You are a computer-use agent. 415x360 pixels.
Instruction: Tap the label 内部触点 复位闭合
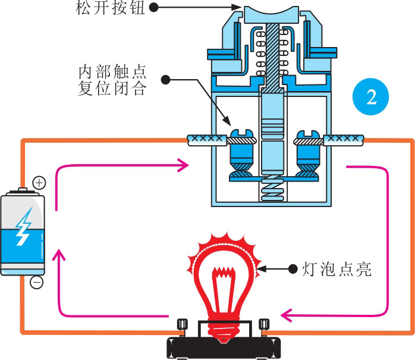click(112, 81)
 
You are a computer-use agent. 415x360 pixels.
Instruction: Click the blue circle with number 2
click(372, 97)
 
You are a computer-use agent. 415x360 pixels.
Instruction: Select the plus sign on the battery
click(38, 183)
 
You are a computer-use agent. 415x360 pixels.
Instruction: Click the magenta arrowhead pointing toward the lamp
click(286, 314)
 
